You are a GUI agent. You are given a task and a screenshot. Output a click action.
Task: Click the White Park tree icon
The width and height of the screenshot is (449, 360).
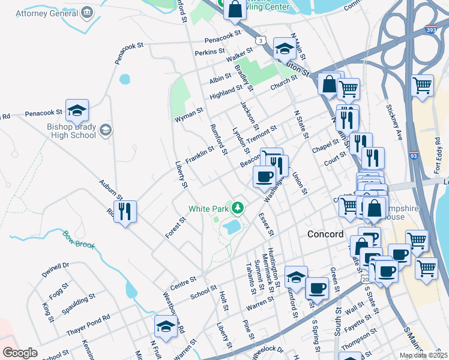click(x=238, y=208)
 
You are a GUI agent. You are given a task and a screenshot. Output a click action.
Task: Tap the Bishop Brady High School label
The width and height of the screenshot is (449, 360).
click(x=71, y=131)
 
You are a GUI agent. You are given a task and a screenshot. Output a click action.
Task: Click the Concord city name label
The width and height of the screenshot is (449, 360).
click(x=325, y=234)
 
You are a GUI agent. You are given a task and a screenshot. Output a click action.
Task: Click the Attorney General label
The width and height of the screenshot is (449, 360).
click(x=46, y=13)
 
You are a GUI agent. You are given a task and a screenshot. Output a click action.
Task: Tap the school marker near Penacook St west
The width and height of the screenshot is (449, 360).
click(x=77, y=110)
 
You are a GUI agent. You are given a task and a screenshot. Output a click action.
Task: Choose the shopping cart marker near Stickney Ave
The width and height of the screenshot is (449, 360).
click(x=423, y=85)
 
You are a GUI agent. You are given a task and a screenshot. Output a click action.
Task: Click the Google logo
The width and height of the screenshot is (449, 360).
click(x=20, y=353)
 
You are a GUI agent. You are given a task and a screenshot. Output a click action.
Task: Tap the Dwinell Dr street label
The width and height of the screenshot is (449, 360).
click(x=56, y=270)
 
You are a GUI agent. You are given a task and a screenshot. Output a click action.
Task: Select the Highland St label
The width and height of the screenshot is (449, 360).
click(x=226, y=92)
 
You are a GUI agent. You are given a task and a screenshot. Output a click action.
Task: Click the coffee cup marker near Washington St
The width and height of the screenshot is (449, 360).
click(x=264, y=176)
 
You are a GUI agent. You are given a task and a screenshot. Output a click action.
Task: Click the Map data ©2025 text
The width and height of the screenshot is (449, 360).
click(x=424, y=355)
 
